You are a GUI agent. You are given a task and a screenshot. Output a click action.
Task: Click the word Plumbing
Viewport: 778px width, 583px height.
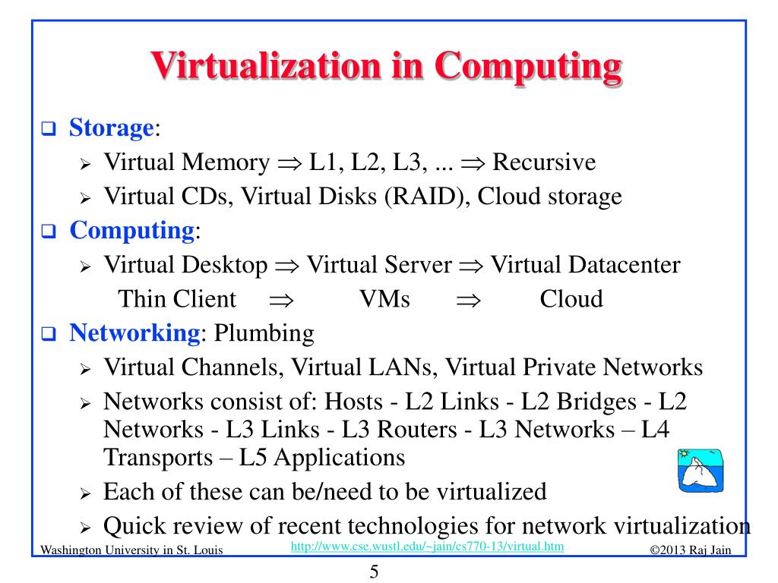coord(264,332)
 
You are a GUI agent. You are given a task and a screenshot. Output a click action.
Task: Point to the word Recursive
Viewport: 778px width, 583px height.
coord(544,162)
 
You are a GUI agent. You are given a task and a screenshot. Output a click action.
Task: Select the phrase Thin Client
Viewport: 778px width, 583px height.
coord(177,298)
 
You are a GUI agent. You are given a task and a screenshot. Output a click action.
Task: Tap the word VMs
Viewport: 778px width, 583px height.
coord(384,298)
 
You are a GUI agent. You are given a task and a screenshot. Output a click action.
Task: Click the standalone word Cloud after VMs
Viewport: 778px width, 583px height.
coord(571,298)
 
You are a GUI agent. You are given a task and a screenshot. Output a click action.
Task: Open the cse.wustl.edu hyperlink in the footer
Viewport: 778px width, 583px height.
coord(428,547)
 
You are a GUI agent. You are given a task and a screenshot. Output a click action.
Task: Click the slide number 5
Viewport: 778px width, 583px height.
coord(374,572)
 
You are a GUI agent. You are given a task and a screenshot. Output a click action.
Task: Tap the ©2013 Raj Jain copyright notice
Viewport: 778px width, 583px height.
coord(691,550)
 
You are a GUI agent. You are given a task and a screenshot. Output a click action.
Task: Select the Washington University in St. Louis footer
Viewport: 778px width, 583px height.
coord(131,550)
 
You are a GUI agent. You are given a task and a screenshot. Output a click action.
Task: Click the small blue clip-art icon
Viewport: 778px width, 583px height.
coord(699,470)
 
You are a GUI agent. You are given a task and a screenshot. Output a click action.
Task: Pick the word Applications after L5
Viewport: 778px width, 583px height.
coord(340,458)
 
